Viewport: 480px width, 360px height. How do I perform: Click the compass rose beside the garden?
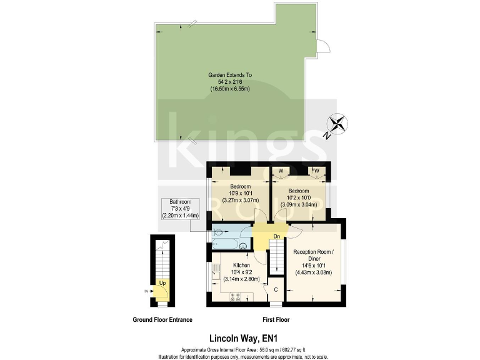coord(337,123)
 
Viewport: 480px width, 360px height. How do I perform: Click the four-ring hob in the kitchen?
coord(236,297)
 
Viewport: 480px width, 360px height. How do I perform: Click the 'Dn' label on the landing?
coord(277,236)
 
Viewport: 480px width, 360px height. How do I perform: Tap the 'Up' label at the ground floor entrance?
coord(162,282)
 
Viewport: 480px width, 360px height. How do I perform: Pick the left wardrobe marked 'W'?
coord(281,171)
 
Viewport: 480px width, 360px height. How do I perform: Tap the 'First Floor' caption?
coord(275,320)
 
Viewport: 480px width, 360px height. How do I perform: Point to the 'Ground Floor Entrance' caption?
coord(162,320)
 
